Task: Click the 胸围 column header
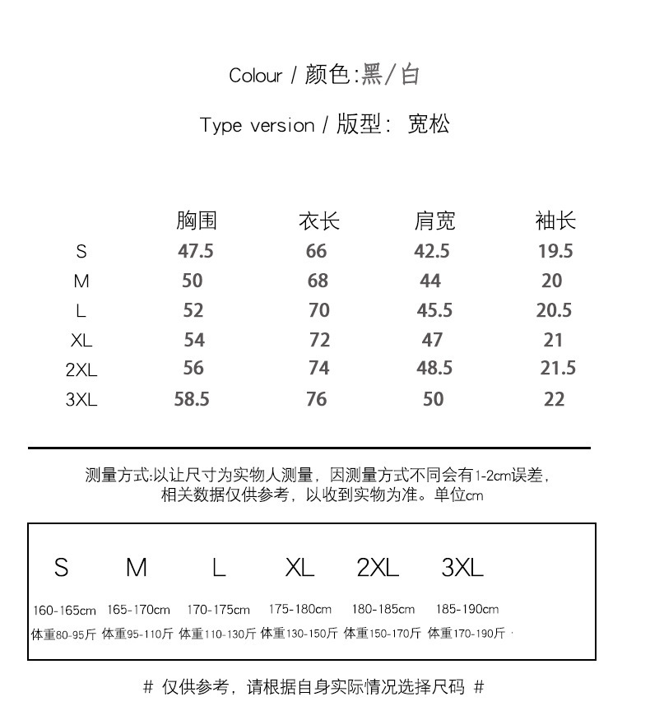click(x=197, y=221)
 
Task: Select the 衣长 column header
click(x=318, y=221)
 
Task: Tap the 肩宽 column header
click(x=434, y=221)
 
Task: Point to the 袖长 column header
click(x=555, y=221)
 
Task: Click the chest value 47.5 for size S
click(x=196, y=251)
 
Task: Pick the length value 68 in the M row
click(x=318, y=281)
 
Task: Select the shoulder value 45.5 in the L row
click(x=434, y=310)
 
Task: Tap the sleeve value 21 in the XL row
click(x=554, y=340)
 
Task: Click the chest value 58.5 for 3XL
click(x=192, y=399)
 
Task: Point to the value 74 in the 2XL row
click(x=318, y=369)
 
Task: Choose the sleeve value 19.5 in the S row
click(x=555, y=251)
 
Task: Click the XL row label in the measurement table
click(x=81, y=341)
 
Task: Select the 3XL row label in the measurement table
click(x=81, y=400)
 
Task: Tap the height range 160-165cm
click(x=64, y=611)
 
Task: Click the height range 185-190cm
click(x=467, y=610)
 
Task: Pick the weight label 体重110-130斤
click(x=217, y=634)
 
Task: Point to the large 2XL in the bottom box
click(x=378, y=567)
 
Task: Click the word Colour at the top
click(x=255, y=76)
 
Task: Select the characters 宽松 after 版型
click(x=429, y=125)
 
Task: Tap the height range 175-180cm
click(x=299, y=610)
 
